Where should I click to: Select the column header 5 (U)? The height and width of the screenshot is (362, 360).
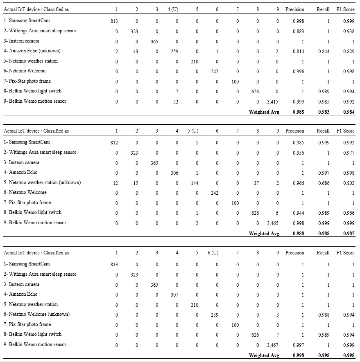[192, 131]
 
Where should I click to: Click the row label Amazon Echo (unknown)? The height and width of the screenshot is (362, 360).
[32, 51]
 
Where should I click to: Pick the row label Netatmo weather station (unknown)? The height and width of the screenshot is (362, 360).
[42, 182]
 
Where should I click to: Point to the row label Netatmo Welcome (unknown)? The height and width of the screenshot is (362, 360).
[36, 314]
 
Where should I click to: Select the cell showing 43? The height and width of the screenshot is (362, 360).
[136, 51]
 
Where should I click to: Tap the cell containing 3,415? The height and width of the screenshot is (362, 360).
[273, 101]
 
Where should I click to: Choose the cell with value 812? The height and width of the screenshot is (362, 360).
[114, 142]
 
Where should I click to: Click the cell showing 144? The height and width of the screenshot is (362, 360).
[195, 183]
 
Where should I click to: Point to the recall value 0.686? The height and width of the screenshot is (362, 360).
[324, 183]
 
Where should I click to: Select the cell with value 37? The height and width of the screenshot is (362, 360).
[256, 183]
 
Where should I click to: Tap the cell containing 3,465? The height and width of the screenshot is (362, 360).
[273, 223]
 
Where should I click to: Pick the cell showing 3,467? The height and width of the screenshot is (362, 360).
[273, 345]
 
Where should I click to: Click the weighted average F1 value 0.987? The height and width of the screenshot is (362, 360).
[349, 233]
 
